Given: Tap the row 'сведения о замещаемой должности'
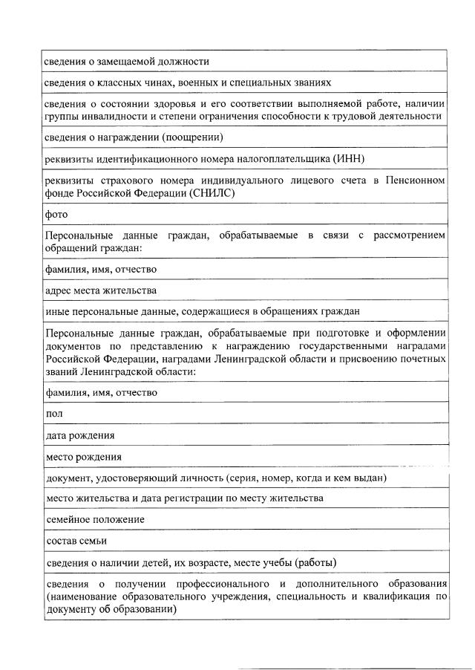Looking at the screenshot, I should click(x=126, y=60).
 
